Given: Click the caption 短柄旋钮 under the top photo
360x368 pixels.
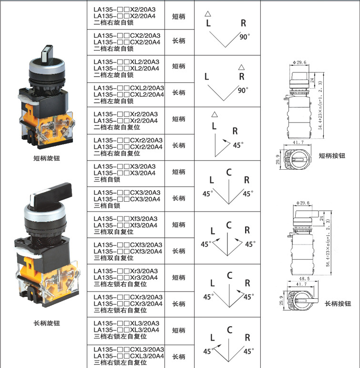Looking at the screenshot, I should pyautogui.click(x=47, y=158).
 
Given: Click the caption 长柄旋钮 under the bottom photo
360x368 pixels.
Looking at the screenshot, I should pyautogui.click(x=47, y=323).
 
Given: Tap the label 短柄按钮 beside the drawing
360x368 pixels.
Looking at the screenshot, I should pyautogui.click(x=331, y=155).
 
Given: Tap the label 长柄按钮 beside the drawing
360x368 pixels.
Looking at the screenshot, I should pyautogui.click(x=338, y=304).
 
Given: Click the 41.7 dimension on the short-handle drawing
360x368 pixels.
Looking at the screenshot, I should pyautogui.click(x=299, y=142).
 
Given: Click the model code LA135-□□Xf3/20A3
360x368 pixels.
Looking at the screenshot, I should pyautogui.click(x=126, y=218).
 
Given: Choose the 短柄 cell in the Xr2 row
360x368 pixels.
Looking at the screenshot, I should pyautogui.click(x=178, y=119).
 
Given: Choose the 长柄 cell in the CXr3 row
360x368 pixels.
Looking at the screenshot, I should pyautogui.click(x=178, y=304).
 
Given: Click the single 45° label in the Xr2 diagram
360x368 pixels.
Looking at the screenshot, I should pyautogui.click(x=237, y=145).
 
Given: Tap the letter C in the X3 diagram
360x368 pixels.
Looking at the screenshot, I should pyautogui.click(x=229, y=173).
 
